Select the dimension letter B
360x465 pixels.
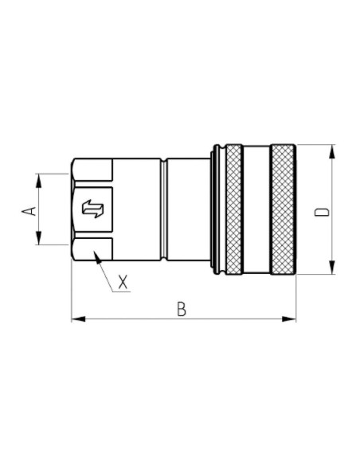[182, 309]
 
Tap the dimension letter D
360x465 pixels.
[321, 211]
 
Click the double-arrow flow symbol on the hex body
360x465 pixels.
[93, 209]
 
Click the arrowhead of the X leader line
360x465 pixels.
[96, 256]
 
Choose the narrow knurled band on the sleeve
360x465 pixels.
[233, 209]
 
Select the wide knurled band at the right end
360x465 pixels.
[283, 209]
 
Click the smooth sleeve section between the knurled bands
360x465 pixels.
[256, 209]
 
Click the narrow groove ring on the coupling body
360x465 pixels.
[164, 209]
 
